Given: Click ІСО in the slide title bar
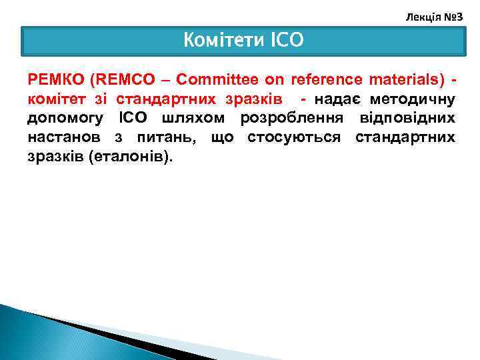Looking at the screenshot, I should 287,41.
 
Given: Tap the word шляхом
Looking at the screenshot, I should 189,119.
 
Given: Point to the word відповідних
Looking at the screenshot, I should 410,119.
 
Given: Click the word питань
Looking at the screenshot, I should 171,138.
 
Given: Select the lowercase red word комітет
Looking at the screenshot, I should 55,99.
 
